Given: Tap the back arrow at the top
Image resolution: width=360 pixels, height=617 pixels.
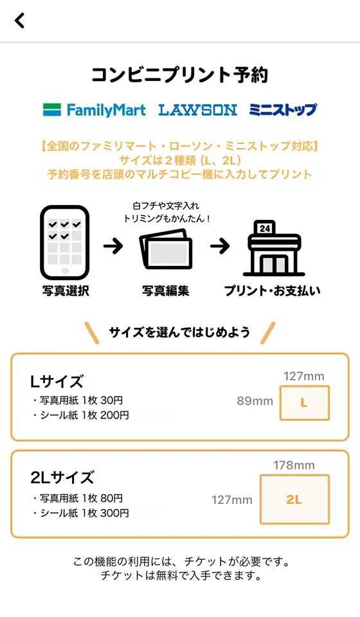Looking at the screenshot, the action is pyautogui.click(x=20, y=21).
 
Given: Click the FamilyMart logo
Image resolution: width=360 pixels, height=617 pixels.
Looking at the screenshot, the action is pyautogui.click(x=94, y=110).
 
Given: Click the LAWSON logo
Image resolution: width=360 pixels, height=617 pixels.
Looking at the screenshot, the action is pyautogui.click(x=197, y=110).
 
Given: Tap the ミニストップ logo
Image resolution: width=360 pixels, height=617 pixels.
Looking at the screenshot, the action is pyautogui.click(x=283, y=110).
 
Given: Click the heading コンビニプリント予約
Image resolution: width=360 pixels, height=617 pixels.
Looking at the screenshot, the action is pyautogui.click(x=180, y=75).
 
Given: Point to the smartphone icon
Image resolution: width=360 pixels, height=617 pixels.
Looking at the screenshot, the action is pyautogui.click(x=65, y=242).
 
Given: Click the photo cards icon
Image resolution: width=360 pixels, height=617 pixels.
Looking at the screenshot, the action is pyautogui.click(x=166, y=249).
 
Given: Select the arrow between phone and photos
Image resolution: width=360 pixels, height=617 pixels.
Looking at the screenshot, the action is pyautogui.click(x=113, y=246).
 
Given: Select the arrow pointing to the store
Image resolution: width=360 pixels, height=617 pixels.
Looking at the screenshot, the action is pyautogui.click(x=220, y=246).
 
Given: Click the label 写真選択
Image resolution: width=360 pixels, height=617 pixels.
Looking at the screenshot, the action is pyautogui.click(x=66, y=291).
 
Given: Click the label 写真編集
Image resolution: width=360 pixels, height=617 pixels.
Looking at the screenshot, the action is pyautogui.click(x=166, y=291).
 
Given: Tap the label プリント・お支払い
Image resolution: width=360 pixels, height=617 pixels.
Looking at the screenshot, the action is pyautogui.click(x=273, y=291).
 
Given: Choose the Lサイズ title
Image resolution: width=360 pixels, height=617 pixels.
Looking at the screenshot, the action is pyautogui.click(x=57, y=381).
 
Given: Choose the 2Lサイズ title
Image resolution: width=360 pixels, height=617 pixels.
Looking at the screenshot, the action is pyautogui.click(x=62, y=478).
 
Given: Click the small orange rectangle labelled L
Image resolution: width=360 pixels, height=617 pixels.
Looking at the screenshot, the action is pyautogui.click(x=305, y=403).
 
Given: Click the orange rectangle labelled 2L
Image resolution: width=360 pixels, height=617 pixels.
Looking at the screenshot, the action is pyautogui.click(x=294, y=500).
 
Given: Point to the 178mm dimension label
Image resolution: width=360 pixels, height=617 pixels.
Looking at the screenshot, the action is pyautogui.click(x=294, y=465).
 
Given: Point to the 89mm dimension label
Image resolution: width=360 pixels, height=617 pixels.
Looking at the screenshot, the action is pyautogui.click(x=255, y=401).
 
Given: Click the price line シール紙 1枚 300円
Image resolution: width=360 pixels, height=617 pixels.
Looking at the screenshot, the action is pyautogui.click(x=82, y=513).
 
